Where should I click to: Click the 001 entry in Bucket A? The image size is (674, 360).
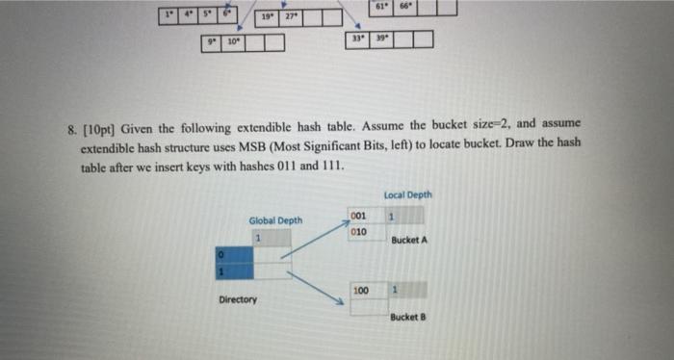(x=358, y=216)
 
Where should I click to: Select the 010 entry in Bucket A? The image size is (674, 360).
(x=358, y=232)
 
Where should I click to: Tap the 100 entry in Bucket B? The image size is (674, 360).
(x=361, y=289)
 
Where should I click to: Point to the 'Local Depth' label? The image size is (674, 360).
(x=407, y=195)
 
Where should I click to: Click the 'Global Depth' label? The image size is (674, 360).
(x=275, y=220)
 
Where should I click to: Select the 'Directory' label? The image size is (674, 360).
(x=237, y=300)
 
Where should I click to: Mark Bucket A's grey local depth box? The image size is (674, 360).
(x=392, y=216)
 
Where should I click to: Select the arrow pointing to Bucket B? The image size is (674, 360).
(x=315, y=285)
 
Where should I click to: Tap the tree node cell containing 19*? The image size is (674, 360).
(x=266, y=17)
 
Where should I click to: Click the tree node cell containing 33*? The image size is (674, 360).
(x=356, y=39)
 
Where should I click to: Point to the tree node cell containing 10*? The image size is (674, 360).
(x=233, y=43)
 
